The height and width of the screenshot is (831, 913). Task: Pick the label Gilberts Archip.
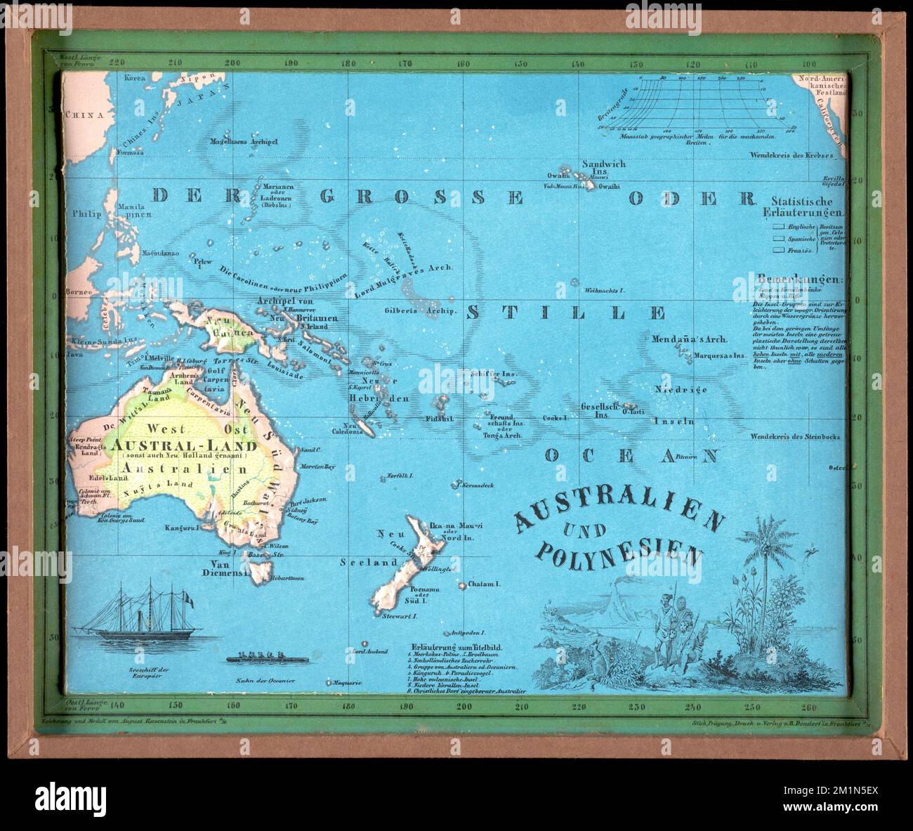tap(421, 310)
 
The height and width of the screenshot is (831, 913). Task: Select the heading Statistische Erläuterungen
tap(807, 207)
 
